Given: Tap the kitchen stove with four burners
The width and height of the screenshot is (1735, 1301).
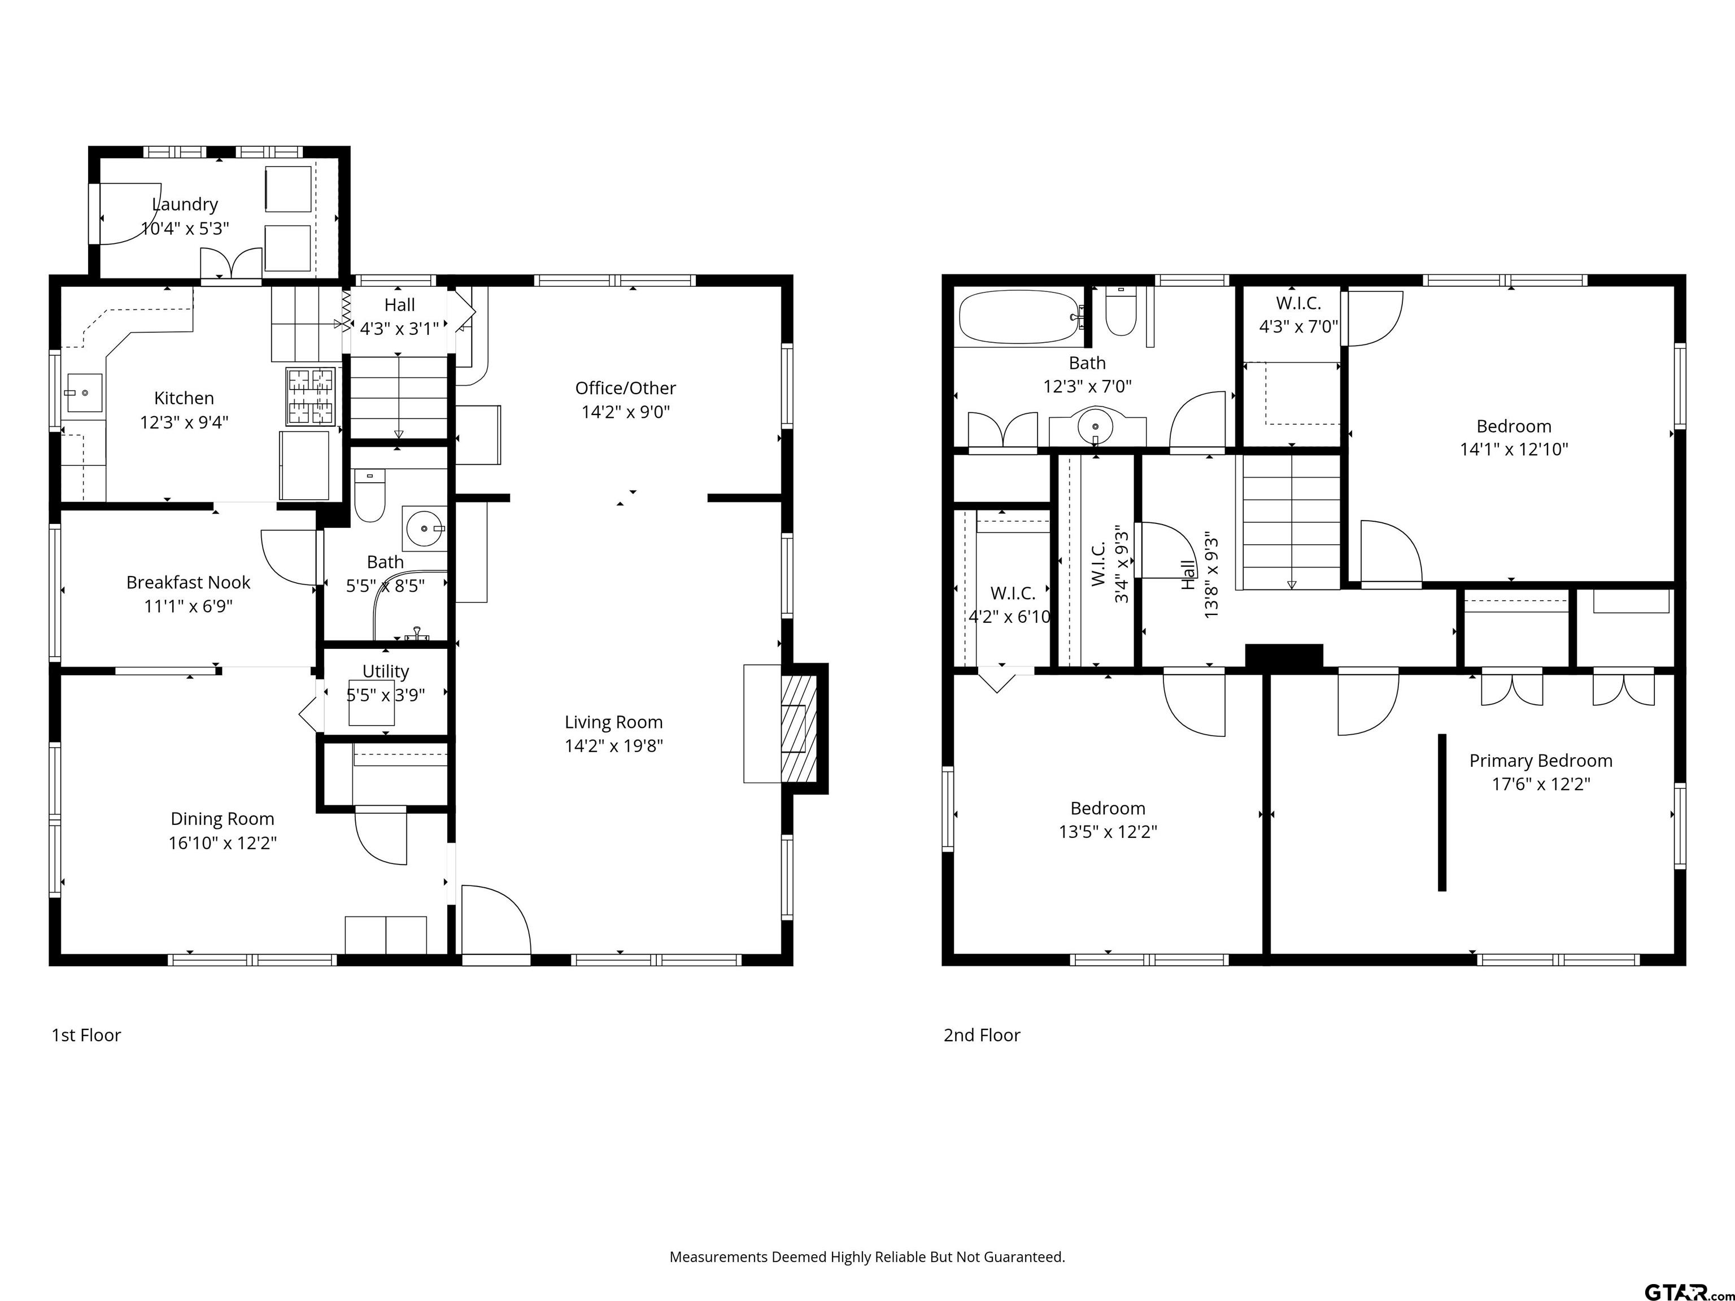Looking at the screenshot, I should click(x=311, y=396).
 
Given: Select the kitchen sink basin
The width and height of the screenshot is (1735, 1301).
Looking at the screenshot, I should click(x=84, y=392).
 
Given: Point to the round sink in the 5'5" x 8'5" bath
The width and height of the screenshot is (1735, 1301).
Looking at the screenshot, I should click(x=424, y=529).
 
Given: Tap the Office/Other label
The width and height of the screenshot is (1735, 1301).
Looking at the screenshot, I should click(x=625, y=388).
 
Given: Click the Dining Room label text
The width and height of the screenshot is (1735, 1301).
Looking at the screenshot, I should click(x=223, y=819).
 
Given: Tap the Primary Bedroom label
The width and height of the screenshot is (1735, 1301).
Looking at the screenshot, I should click(x=1541, y=761).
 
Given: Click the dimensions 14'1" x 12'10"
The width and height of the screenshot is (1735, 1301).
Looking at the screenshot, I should click(x=1514, y=449).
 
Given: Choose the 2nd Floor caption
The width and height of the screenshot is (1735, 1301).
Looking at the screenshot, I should click(x=981, y=1035).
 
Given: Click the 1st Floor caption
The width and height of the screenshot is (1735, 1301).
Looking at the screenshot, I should click(x=86, y=1035).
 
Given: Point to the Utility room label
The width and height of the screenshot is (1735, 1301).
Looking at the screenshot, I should click(x=385, y=671).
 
